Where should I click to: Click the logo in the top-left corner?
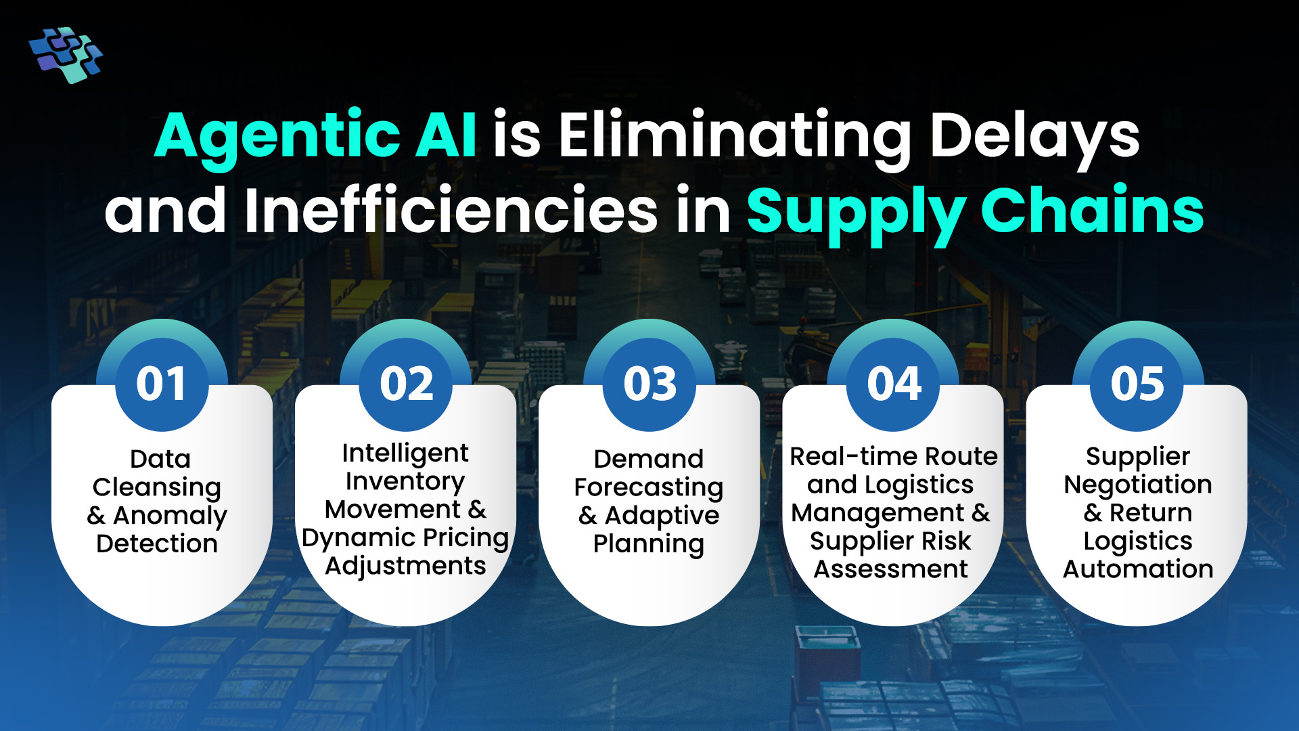point(66,54)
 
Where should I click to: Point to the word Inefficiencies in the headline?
point(451,210)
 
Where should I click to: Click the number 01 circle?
point(162,384)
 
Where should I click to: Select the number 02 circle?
point(406,384)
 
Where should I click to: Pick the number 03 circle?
point(649,384)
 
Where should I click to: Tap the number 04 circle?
point(893,384)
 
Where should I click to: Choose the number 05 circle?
point(1137,384)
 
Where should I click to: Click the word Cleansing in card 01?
point(157,488)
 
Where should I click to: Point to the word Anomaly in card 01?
point(170,516)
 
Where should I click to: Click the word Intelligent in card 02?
point(405,453)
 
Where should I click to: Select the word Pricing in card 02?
point(466,539)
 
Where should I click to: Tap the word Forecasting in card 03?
point(649,488)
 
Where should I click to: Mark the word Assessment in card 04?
point(890,569)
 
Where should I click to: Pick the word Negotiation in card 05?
point(1138,485)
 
